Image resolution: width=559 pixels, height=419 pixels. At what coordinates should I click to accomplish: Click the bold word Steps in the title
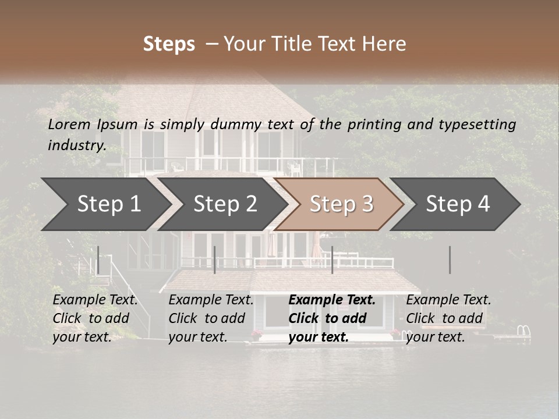(x=169, y=44)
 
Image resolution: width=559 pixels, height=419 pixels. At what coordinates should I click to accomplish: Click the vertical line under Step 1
(x=98, y=260)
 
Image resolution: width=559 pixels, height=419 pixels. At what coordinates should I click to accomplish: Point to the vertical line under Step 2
(x=215, y=260)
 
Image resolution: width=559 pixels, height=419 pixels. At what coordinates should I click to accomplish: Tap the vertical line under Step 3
(x=332, y=260)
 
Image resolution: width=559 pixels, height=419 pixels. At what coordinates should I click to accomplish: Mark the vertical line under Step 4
(x=450, y=260)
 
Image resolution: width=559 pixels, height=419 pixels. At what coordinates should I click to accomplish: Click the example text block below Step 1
(x=95, y=318)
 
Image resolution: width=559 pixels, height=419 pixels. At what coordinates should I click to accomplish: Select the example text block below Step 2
(x=211, y=318)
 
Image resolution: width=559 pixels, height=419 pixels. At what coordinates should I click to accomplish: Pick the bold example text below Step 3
(x=331, y=318)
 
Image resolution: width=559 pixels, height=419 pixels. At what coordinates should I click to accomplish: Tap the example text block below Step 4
(x=448, y=318)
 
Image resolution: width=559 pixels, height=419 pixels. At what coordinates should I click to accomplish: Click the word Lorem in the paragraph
(x=69, y=124)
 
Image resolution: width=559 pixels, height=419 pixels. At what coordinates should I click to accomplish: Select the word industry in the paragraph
(x=76, y=145)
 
